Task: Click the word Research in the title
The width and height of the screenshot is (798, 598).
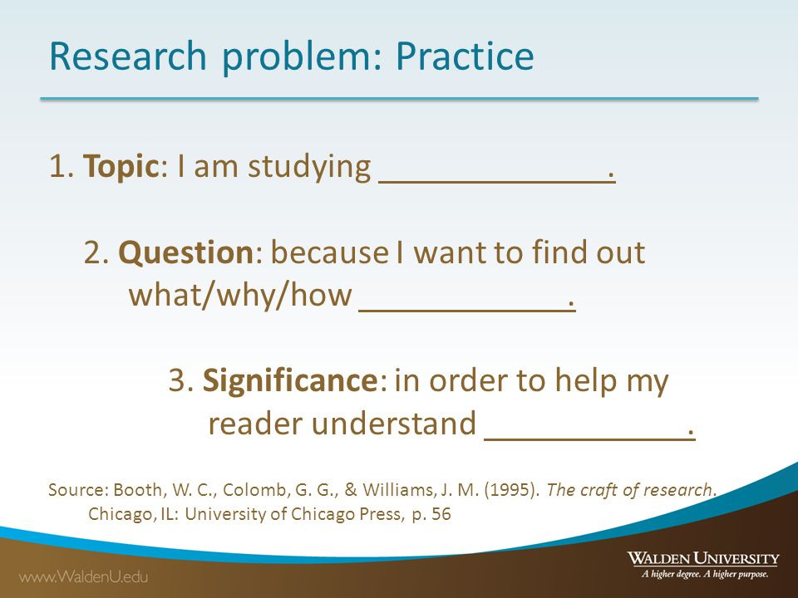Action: pos(128,56)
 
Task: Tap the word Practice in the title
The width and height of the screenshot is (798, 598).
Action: pos(465,56)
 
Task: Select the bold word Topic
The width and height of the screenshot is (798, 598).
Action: pos(121,167)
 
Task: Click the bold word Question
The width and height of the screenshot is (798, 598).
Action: pos(185,252)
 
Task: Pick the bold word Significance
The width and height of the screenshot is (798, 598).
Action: pos(290,380)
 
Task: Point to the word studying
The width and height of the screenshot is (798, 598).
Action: pos(309,167)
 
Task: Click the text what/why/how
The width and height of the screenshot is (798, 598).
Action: pos(240,295)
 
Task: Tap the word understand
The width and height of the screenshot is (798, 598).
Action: pos(394,423)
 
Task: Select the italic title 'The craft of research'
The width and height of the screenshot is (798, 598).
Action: pos(629,489)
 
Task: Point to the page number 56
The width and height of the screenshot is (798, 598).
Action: pos(441,513)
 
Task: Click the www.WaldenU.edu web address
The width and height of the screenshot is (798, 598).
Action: pos(83,576)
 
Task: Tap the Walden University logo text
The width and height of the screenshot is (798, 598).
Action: pos(703,558)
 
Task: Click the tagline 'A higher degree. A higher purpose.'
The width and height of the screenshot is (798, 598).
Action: pos(705,575)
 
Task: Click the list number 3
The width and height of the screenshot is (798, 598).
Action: pos(179,380)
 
